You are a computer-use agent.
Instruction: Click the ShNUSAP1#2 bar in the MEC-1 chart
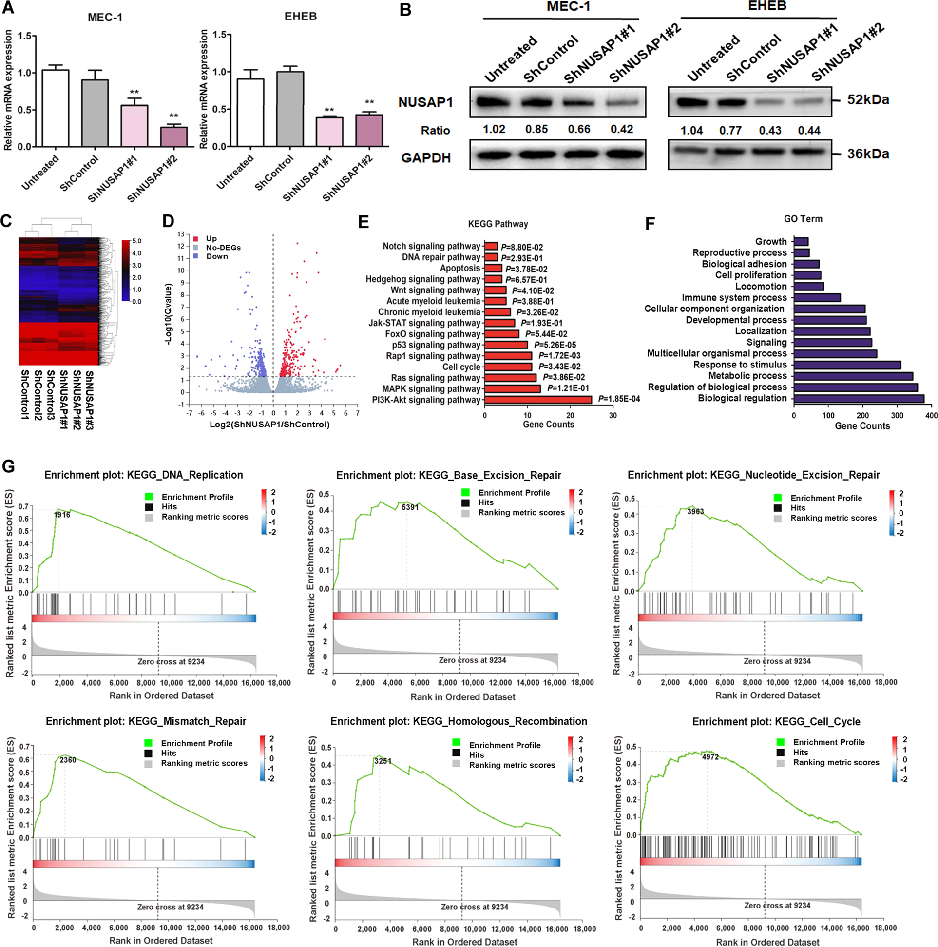tap(173, 137)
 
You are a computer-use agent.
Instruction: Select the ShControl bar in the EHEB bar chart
tap(289, 109)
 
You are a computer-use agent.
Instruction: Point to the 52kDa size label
tap(868, 100)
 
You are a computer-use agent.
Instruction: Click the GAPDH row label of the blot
tap(425, 158)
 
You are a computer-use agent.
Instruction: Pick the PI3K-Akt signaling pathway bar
tap(537, 400)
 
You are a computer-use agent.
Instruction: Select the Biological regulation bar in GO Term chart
tap(858, 399)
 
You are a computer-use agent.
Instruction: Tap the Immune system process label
tap(734, 297)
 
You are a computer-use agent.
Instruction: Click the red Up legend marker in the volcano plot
tap(195, 239)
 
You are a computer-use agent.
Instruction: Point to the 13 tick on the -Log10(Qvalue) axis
tap(181, 234)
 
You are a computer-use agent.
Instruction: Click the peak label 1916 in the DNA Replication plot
tap(62, 515)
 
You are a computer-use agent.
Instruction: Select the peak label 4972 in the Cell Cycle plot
tap(709, 757)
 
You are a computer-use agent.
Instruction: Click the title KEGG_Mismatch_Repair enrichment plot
tap(146, 721)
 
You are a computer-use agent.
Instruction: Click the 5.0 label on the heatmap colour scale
tap(136, 241)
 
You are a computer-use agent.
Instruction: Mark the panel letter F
tap(650, 224)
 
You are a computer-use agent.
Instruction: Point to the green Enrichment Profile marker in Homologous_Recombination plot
tap(456, 743)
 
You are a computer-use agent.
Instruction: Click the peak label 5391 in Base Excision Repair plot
tap(410, 507)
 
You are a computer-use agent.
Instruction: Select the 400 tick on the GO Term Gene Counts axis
tap(931, 415)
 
